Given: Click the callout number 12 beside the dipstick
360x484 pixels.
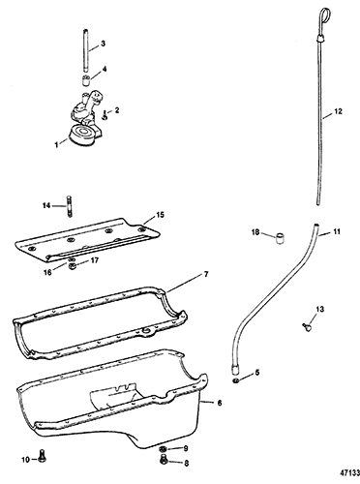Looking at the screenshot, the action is [x=338, y=111].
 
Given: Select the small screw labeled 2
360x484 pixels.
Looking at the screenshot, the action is [x=105, y=115].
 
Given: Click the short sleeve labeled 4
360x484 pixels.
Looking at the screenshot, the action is [x=85, y=80].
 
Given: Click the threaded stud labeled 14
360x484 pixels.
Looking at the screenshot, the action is [x=70, y=206].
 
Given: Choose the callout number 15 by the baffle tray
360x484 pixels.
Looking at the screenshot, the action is [x=160, y=215].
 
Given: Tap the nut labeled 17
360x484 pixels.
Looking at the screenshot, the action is [x=73, y=266].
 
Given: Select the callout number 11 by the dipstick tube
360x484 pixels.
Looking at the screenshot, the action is [x=337, y=231].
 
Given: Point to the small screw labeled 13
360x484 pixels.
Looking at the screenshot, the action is [x=307, y=327].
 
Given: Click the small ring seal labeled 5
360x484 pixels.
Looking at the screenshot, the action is [x=236, y=381].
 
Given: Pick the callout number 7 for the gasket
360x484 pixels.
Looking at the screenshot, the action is [x=206, y=275].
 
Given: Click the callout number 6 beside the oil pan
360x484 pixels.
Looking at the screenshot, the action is [x=220, y=403].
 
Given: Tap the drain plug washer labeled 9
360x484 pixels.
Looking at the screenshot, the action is [x=163, y=448].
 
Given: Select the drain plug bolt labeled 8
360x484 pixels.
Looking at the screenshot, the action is [x=164, y=460].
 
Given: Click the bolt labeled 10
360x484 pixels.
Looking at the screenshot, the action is [x=42, y=456].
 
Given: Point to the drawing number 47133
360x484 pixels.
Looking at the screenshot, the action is [x=349, y=473].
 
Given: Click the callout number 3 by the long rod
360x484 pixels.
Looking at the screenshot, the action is [x=103, y=44].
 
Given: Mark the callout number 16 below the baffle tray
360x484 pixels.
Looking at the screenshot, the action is [x=47, y=273].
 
